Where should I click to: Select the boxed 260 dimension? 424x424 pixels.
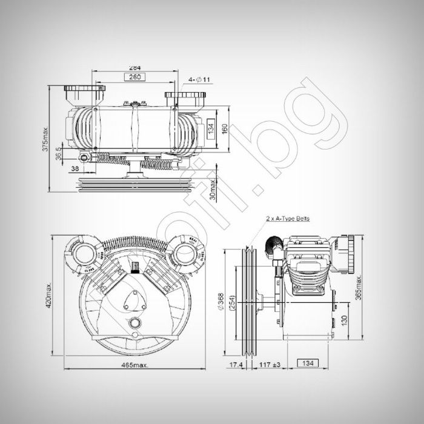[x=134, y=77]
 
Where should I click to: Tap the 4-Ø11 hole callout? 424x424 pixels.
[x=199, y=79]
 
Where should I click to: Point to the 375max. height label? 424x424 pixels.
[x=45, y=140]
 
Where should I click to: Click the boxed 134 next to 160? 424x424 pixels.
[x=211, y=129]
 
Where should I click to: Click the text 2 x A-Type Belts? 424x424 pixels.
[x=288, y=219]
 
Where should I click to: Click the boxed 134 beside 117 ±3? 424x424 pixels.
[x=308, y=363]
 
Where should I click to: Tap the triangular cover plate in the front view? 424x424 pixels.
[x=134, y=299]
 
